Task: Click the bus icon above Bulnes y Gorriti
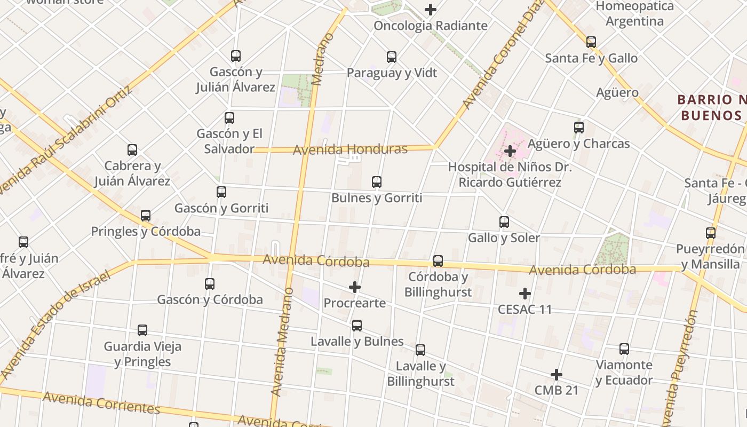tap(377, 182)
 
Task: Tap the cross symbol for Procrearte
tap(355, 288)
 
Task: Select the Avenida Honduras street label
tap(350, 149)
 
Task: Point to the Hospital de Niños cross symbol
tap(510, 151)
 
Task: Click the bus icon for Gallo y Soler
tap(504, 222)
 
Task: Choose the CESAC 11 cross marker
tap(525, 294)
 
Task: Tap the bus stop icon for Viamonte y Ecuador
tap(624, 350)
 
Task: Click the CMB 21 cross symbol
tap(557, 375)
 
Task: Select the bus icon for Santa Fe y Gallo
tap(591, 42)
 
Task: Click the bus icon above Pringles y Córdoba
tap(146, 216)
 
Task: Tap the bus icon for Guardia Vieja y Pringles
tap(142, 330)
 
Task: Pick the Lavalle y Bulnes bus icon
tap(357, 326)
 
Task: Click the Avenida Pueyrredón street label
tap(681, 368)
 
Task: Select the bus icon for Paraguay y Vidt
tap(392, 57)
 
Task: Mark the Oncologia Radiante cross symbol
tap(431, 10)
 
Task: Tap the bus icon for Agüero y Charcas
tap(579, 128)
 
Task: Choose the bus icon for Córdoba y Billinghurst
tap(438, 261)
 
